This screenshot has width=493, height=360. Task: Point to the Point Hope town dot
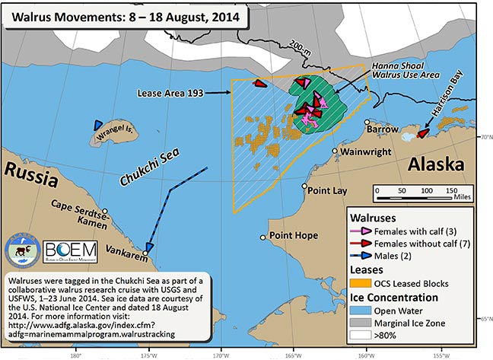coord(262,236)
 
